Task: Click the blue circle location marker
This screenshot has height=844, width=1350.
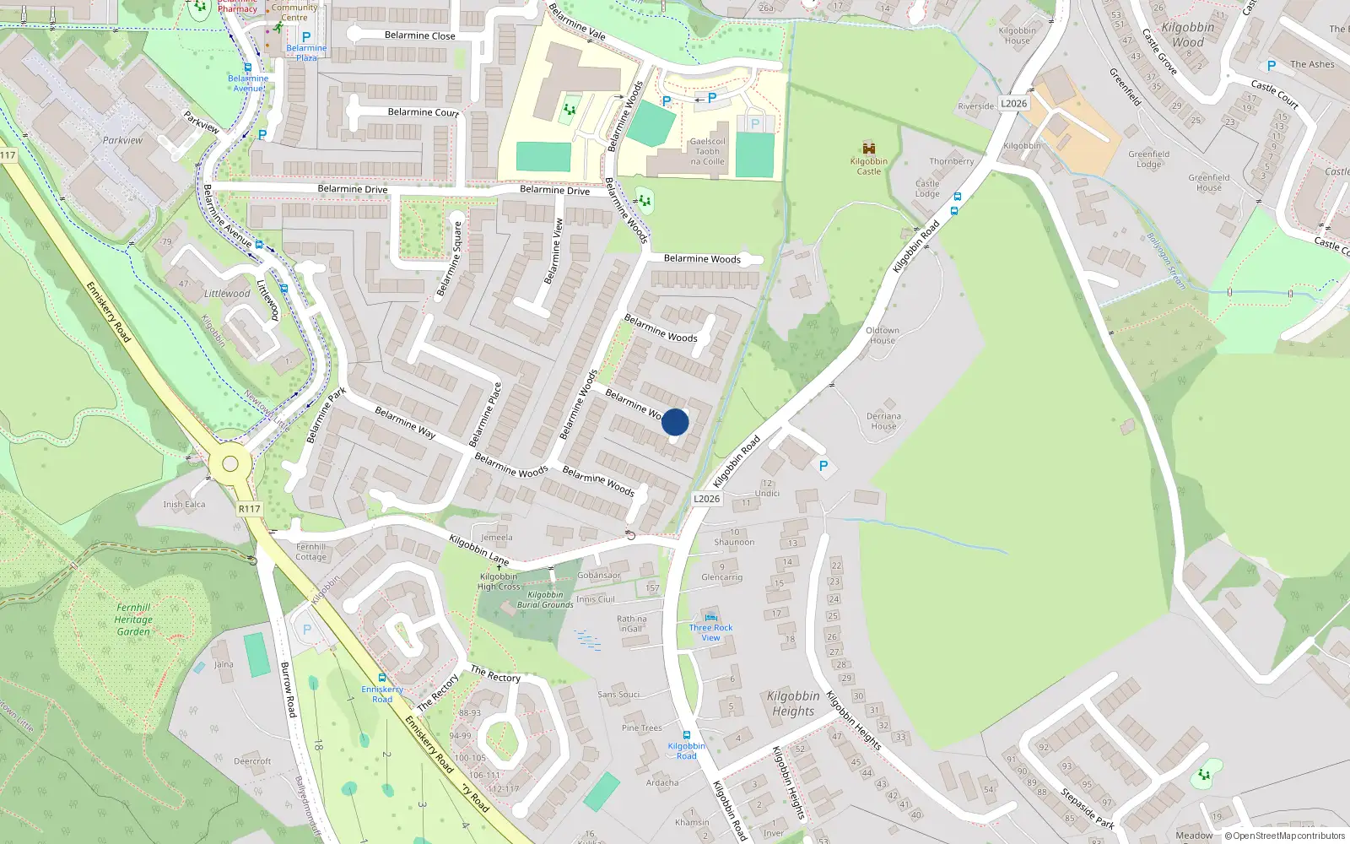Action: [x=675, y=422]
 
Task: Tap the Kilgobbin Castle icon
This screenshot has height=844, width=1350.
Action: [x=868, y=149]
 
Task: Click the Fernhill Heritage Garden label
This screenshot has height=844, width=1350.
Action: [x=133, y=619]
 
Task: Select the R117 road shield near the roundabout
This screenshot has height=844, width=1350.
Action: [x=250, y=509]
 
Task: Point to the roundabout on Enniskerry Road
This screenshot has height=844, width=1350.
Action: [x=230, y=463]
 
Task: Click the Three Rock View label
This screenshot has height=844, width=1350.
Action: [x=710, y=632]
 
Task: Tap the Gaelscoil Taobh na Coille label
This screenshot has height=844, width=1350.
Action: [x=707, y=152]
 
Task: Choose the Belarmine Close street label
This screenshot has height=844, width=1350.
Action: [x=419, y=35]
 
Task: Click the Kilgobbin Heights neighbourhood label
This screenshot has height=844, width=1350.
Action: [x=793, y=703]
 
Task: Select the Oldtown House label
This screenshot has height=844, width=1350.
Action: [x=882, y=335]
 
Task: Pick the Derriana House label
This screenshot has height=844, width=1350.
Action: [x=883, y=421]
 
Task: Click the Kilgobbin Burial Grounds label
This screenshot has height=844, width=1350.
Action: [x=545, y=600]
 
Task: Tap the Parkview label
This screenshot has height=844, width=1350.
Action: [x=122, y=140]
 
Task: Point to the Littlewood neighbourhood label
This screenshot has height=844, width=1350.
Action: [x=227, y=294]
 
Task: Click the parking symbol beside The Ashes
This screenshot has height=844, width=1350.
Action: [x=1272, y=65]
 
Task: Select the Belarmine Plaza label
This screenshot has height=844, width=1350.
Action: [x=306, y=52]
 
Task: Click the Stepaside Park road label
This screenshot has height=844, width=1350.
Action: [x=1088, y=809]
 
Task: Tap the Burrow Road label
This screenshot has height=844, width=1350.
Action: [x=288, y=690]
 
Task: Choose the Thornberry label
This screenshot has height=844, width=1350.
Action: [x=951, y=161]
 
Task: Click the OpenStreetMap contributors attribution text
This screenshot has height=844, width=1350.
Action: [x=1288, y=836]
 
